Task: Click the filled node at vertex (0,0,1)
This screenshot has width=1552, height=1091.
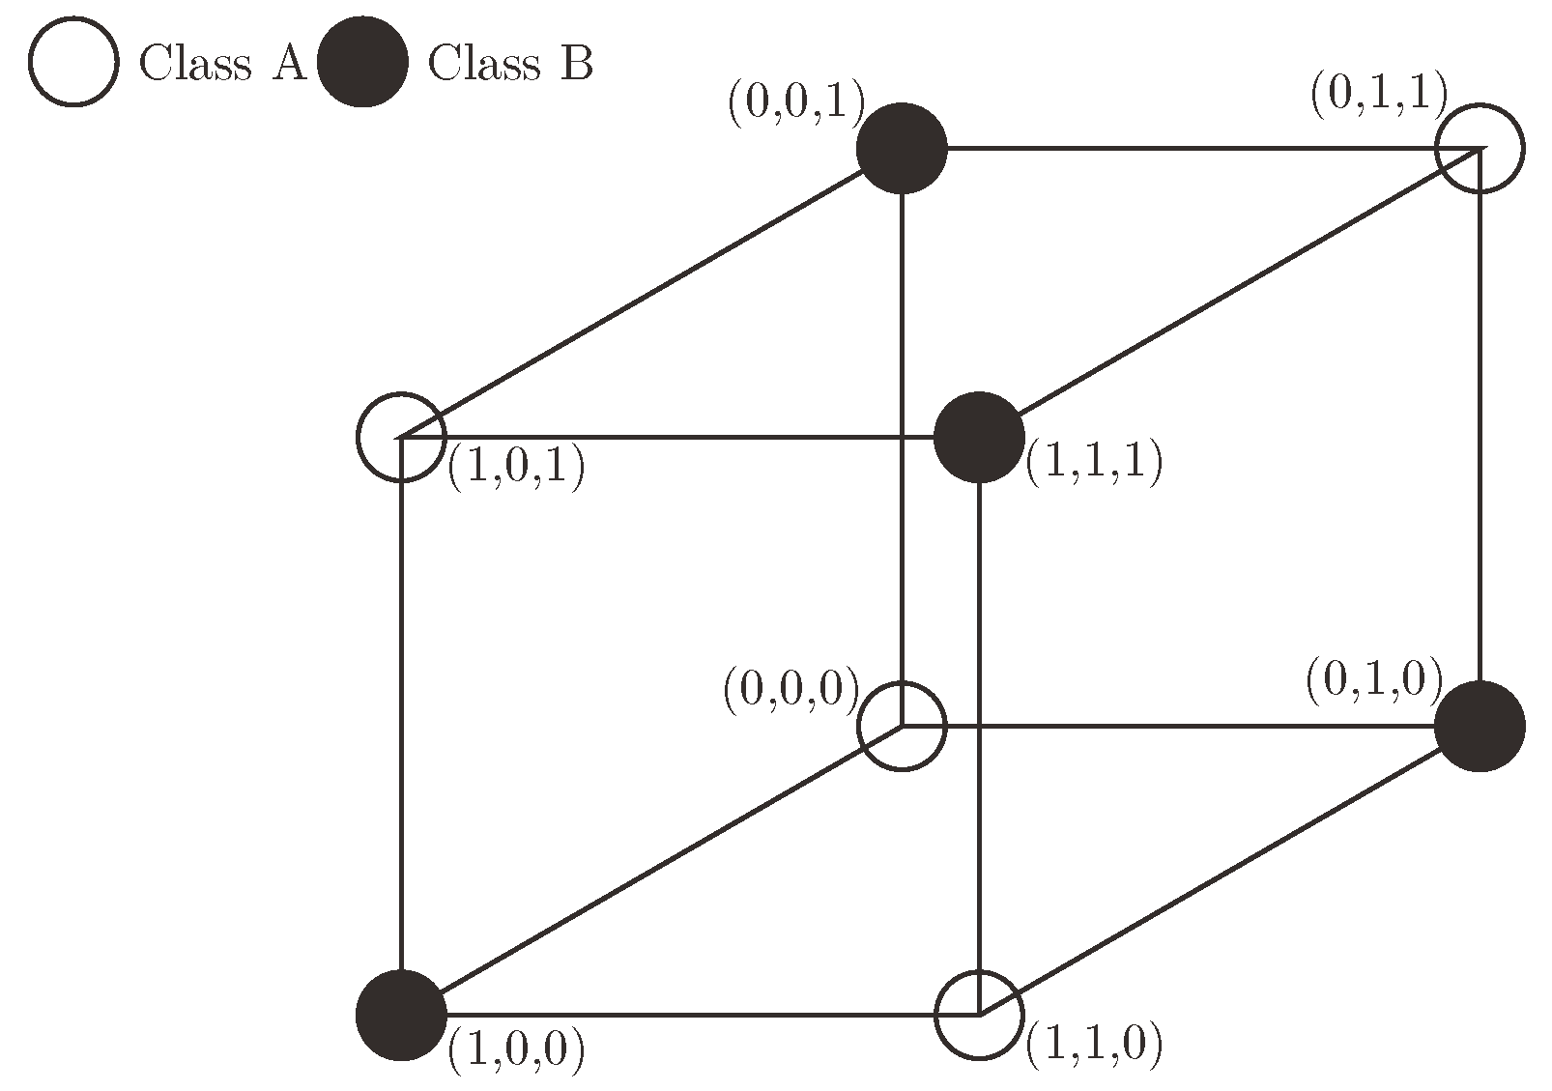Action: [x=902, y=149]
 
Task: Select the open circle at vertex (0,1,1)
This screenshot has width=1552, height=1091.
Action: [x=1480, y=149]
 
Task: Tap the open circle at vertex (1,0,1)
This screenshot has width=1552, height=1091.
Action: [x=401, y=437]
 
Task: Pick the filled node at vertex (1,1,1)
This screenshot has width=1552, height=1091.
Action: [x=979, y=437]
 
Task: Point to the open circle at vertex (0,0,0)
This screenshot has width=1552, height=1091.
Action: [x=902, y=726]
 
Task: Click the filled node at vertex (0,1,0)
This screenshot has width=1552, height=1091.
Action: [x=1480, y=726]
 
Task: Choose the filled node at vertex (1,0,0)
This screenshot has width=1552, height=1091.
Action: [x=401, y=1015]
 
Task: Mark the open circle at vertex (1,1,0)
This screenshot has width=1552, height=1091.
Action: [x=979, y=1015]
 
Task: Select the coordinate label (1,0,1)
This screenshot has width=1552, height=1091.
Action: [x=516, y=470]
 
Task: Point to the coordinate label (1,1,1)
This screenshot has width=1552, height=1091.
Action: [x=1093, y=463]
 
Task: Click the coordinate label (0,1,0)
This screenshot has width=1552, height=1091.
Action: [x=1373, y=680]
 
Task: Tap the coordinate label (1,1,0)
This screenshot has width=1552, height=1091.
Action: [x=1093, y=1045]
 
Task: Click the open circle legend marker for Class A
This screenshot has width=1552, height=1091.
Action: [x=73, y=63]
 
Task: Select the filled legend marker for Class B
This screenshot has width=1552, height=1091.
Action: [x=362, y=63]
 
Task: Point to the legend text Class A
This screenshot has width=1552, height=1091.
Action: [x=222, y=65]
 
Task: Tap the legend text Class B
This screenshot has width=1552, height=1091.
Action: [x=510, y=65]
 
